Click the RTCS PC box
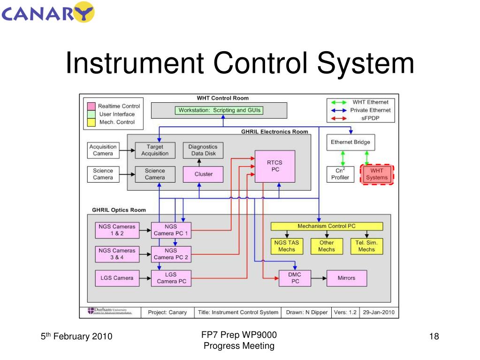[x=275, y=166]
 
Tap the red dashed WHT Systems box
[x=376, y=174]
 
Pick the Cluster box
[x=203, y=174]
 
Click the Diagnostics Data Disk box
[x=203, y=150]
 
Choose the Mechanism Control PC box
[x=327, y=226]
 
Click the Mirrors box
[x=346, y=278]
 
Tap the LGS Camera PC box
[x=171, y=278]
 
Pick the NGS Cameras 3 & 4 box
[x=116, y=253]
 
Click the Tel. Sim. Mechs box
[x=366, y=246]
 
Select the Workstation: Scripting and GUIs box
[x=219, y=110]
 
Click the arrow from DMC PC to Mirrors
[x=319, y=278]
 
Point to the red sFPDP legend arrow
[x=338, y=118]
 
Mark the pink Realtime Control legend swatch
[x=91, y=106]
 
